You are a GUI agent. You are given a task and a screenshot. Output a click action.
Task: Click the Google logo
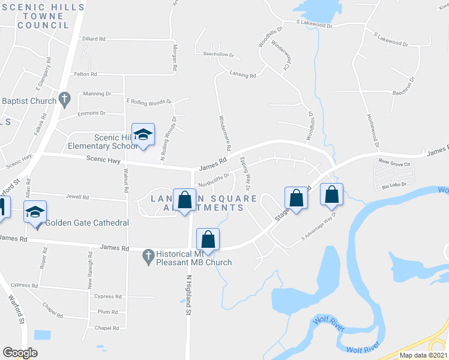click(20, 353)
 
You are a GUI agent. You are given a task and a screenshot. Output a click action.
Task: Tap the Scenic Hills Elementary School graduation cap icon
click(143, 136)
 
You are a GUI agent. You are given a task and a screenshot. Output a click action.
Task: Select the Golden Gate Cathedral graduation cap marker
click(35, 212)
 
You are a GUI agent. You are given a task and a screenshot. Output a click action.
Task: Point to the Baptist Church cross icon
click(65, 98)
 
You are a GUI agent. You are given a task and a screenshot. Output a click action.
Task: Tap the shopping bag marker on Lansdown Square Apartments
click(185, 200)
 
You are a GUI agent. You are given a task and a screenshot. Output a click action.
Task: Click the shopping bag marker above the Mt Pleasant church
click(208, 239)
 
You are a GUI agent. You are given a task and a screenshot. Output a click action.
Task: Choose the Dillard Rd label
click(94, 38)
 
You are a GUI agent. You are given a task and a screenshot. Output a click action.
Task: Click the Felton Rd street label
click(85, 74)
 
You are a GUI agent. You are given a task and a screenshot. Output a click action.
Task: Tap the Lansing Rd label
click(243, 76)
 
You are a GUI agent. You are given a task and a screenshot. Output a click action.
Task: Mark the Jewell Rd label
click(77, 196)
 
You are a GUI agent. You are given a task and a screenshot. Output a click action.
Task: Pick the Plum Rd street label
click(107, 312)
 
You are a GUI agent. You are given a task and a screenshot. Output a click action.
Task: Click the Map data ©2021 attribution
click(423, 355)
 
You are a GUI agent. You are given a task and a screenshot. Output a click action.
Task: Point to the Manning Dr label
click(97, 94)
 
